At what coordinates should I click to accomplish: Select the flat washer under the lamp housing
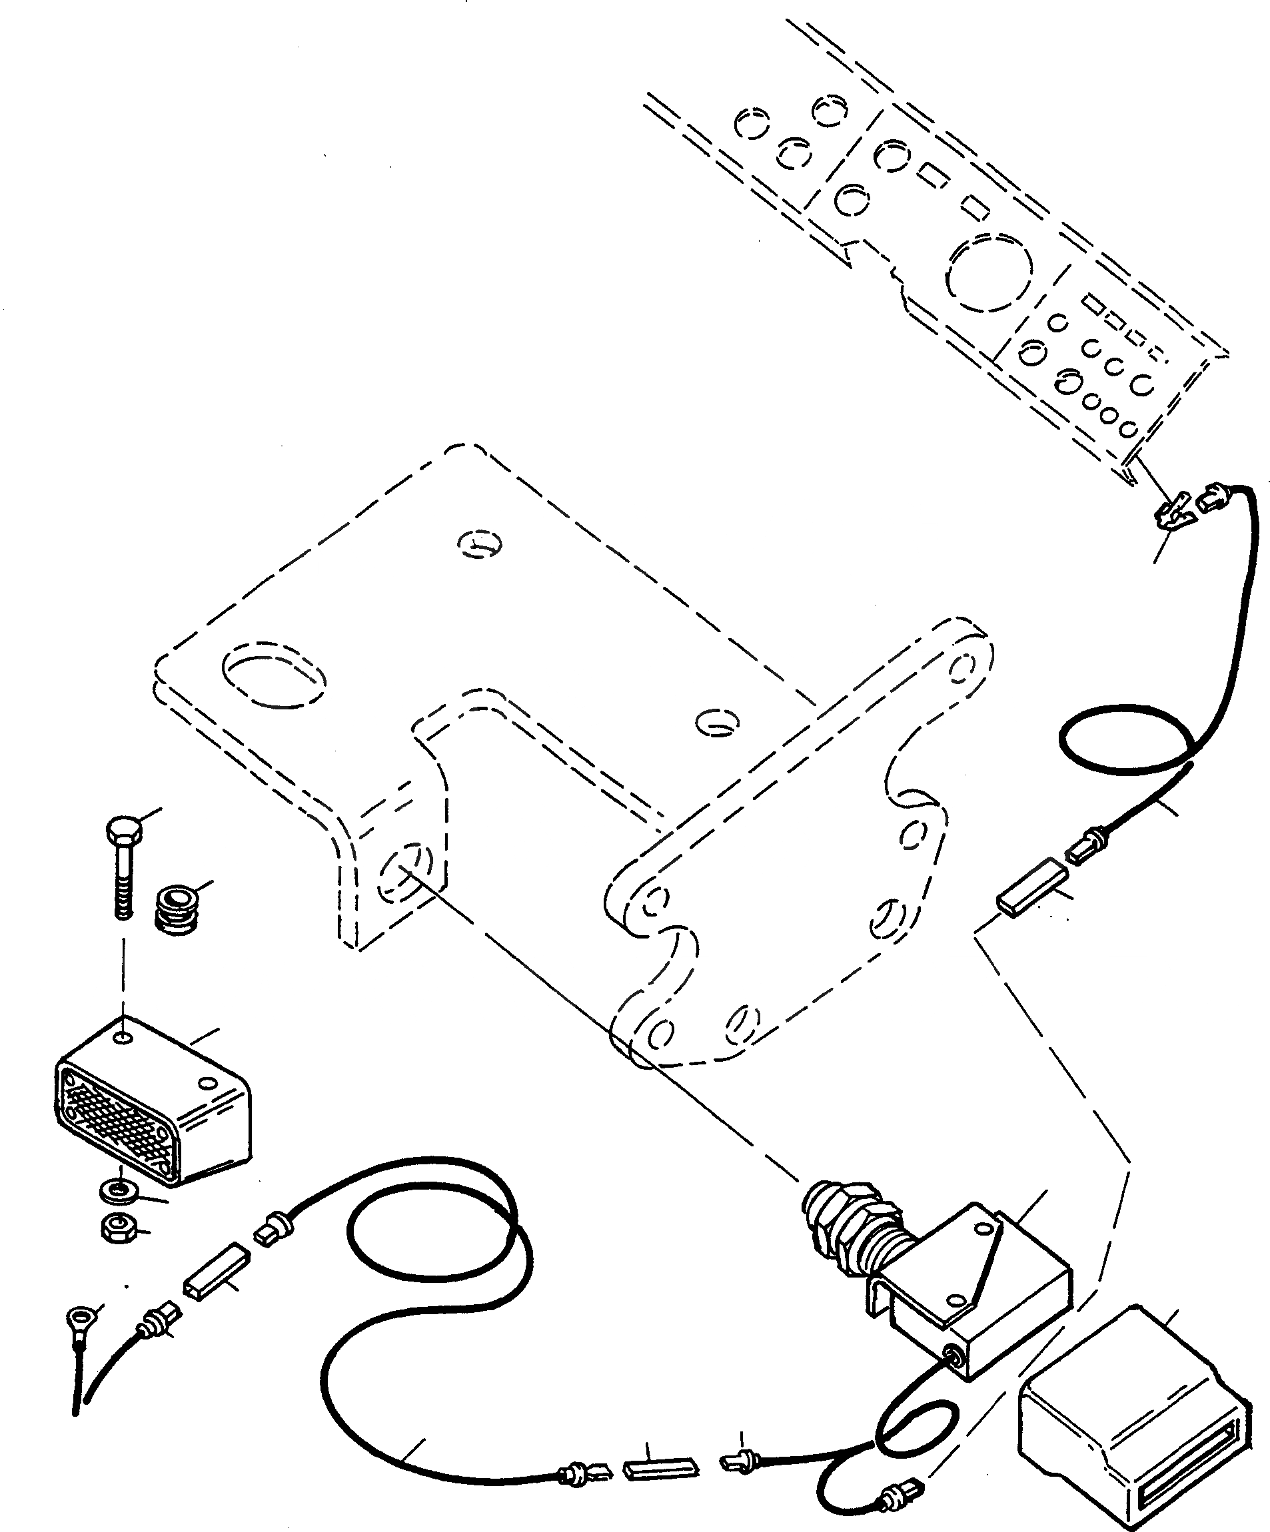click(120, 1192)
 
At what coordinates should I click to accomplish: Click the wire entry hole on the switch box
click(953, 1353)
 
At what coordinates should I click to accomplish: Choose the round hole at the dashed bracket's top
click(480, 544)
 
